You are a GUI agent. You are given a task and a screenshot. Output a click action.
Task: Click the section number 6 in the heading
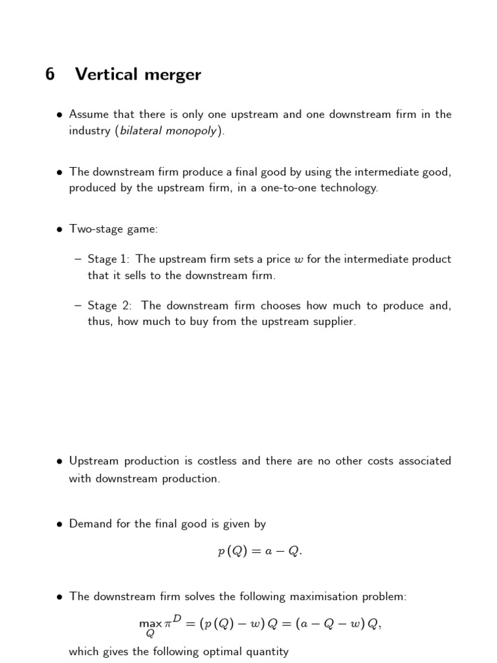50,74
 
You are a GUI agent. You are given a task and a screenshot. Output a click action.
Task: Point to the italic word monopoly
195,131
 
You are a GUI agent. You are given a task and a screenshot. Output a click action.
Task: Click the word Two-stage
95,229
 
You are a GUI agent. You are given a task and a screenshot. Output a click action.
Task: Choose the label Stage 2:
110,306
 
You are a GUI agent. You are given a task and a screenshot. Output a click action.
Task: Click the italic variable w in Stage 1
298,260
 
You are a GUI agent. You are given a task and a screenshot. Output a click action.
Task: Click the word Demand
91,524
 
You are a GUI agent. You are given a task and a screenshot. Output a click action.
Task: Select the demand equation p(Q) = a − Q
260,552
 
